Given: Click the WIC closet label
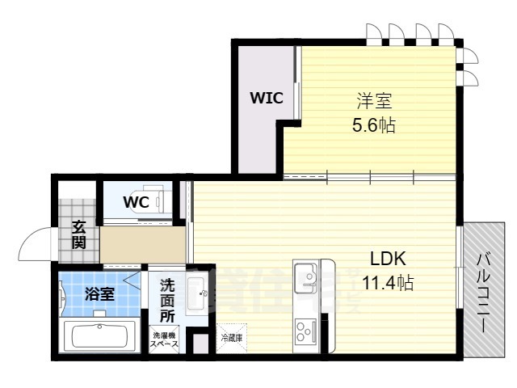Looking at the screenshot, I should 266,99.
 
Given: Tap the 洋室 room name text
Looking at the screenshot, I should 376,102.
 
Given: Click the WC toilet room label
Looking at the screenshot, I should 136,202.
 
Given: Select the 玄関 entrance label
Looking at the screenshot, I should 78,234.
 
